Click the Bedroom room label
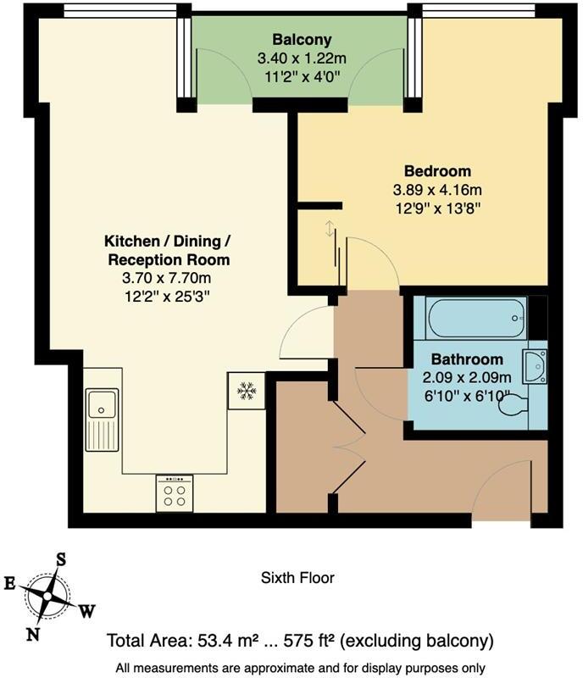pyautogui.click(x=438, y=171)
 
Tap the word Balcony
pyautogui.click(x=302, y=40)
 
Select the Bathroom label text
pyautogui.click(x=467, y=359)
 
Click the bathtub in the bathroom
pyautogui.click(x=477, y=318)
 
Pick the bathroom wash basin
pyautogui.click(x=535, y=366)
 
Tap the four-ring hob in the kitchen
pyautogui.click(x=175, y=494)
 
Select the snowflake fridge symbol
pyautogui.click(x=247, y=390)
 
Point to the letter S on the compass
pyautogui.click(x=61, y=559)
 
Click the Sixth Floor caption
pyautogui.click(x=297, y=579)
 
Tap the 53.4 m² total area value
pyautogui.click(x=223, y=640)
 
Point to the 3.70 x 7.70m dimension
pyautogui.click(x=167, y=277)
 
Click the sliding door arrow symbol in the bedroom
pyautogui.click(x=329, y=230)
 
